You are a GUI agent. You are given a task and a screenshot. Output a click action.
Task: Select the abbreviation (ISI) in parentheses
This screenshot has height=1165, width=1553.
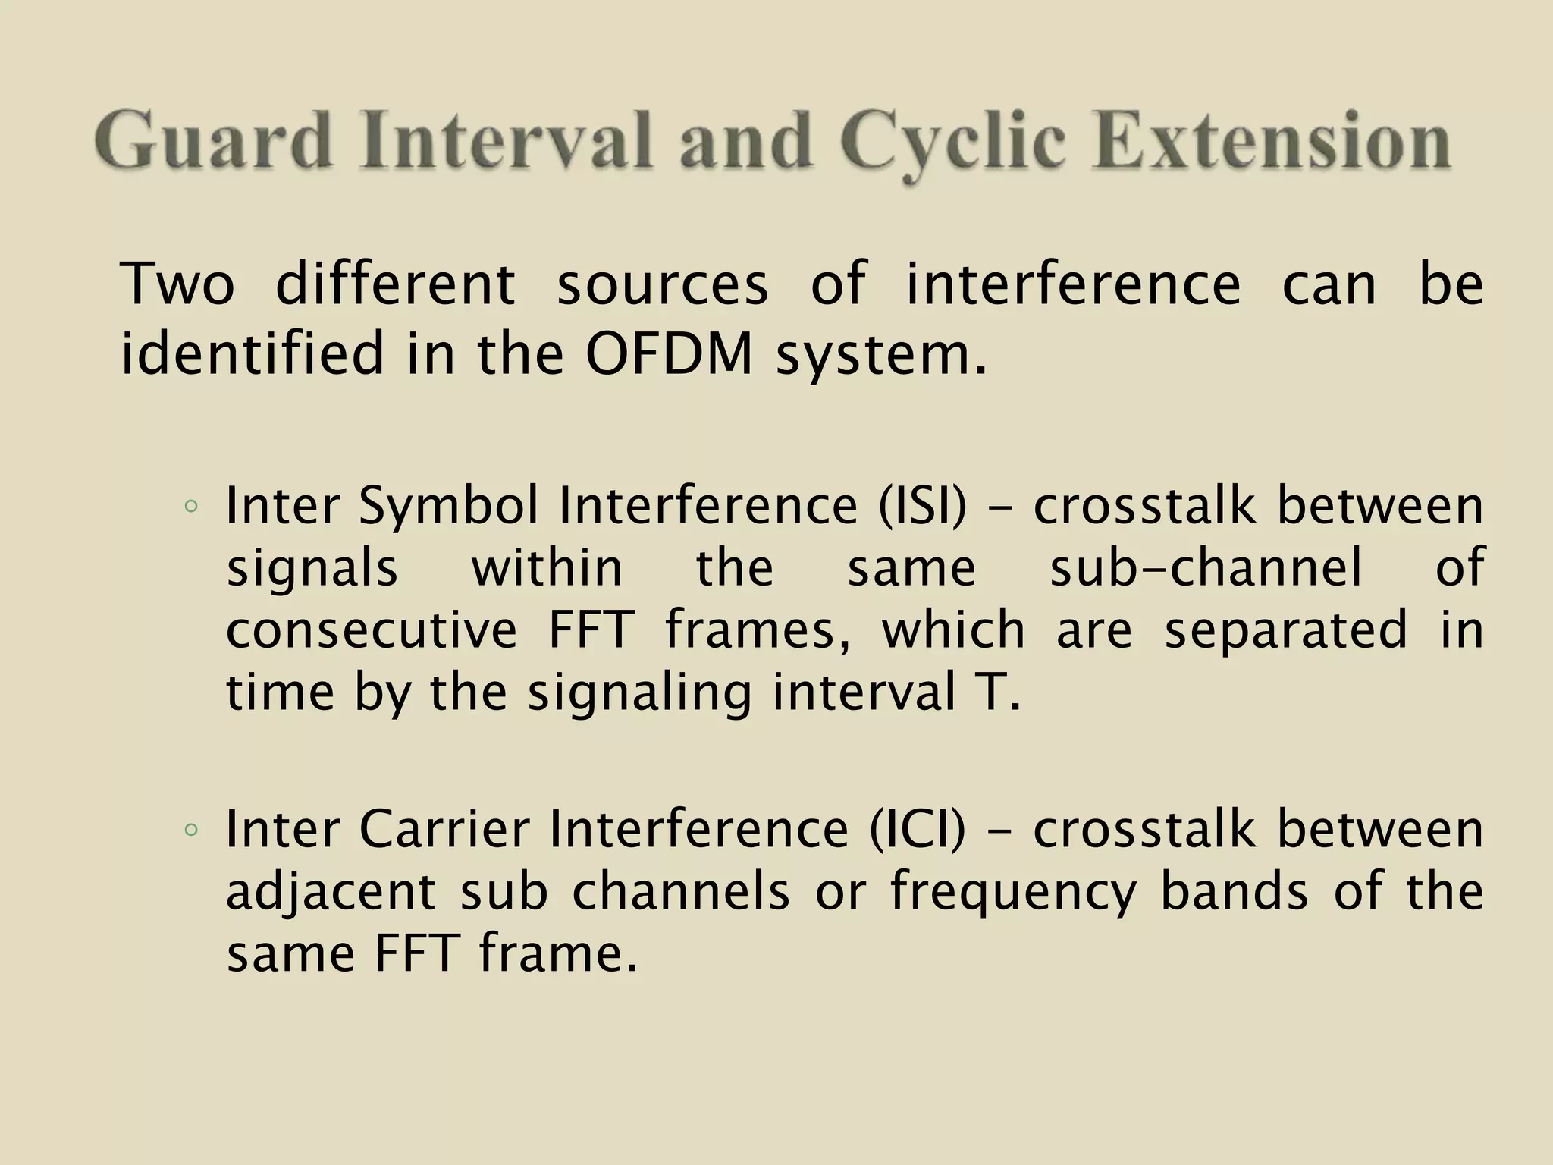[922, 506]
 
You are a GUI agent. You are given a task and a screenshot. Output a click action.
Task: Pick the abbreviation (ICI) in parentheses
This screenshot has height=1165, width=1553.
[918, 828]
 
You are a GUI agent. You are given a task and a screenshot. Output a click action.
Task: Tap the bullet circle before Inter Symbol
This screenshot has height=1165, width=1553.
[190, 507]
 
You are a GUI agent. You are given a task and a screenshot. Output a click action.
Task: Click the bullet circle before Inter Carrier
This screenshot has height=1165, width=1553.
[190, 829]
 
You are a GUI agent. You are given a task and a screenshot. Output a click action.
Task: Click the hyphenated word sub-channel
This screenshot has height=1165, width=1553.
[1206, 568]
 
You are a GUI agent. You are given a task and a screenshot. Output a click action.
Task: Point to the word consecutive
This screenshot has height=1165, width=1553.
[372, 630]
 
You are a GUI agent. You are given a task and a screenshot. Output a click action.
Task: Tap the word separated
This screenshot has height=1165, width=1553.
[1286, 630]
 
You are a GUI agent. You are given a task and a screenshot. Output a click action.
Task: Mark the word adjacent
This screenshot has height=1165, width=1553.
[331, 892]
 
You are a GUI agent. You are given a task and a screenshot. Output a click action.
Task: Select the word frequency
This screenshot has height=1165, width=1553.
[1013, 892]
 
